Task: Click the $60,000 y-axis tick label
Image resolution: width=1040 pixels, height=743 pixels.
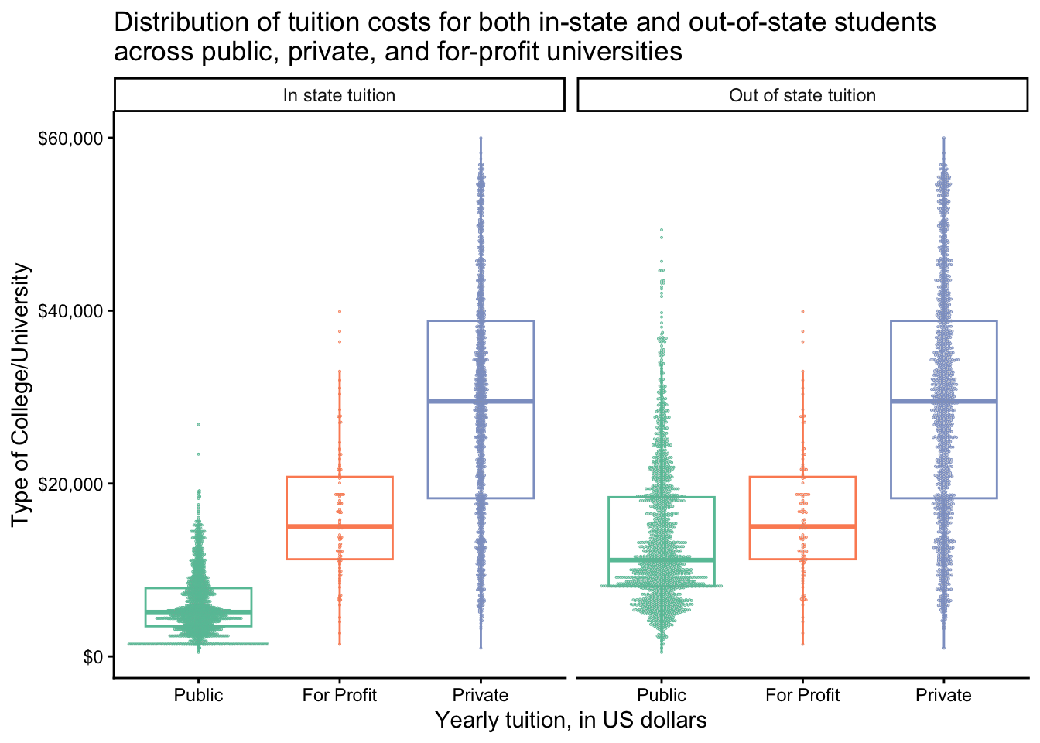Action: [71, 139]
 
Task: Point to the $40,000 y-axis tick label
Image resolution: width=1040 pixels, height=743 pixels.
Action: [71, 311]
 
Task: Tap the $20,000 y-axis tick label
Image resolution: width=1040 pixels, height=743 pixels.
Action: [71, 484]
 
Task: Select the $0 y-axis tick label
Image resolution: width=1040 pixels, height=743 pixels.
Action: [93, 657]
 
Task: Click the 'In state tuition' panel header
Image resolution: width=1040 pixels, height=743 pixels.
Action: [339, 95]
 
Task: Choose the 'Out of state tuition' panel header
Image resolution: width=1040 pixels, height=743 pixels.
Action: [802, 95]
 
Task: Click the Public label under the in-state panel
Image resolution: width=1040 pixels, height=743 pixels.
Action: [198, 695]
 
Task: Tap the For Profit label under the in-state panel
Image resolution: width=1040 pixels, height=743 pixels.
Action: [339, 695]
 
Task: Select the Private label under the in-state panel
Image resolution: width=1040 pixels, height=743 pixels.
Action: [481, 695]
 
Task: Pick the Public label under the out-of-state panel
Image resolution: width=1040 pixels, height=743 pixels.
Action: [662, 695]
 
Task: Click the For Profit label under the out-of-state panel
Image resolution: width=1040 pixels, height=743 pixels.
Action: [802, 695]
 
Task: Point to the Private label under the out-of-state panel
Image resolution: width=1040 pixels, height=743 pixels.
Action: [943, 695]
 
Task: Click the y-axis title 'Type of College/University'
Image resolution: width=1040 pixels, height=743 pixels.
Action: [22, 395]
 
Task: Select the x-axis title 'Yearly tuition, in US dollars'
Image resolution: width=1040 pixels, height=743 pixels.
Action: [571, 721]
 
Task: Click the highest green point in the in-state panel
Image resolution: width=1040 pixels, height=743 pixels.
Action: [198, 424]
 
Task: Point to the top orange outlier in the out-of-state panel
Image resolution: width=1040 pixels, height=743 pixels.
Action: [802, 311]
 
